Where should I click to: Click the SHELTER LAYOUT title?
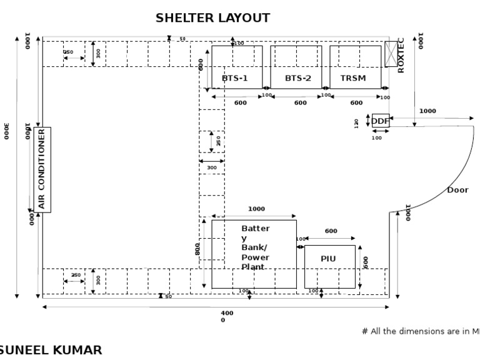tap(212, 19)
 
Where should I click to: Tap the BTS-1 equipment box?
tap(236, 67)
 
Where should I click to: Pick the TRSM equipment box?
tap(355, 67)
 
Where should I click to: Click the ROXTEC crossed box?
tap(391, 54)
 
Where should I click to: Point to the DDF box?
tap(380, 121)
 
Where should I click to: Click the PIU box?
tap(329, 266)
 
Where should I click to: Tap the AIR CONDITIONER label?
tap(42, 169)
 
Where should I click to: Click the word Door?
tap(457, 190)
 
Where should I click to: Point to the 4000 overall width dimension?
tap(226, 316)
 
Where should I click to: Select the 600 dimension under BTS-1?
tap(240, 103)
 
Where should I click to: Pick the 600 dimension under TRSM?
tap(356, 103)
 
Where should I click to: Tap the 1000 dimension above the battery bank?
tap(256, 209)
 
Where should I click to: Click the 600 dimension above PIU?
tap(331, 231)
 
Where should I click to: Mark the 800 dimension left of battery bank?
tap(197, 249)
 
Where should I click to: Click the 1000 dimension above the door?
tap(427, 111)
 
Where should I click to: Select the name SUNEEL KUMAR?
tap(50, 351)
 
